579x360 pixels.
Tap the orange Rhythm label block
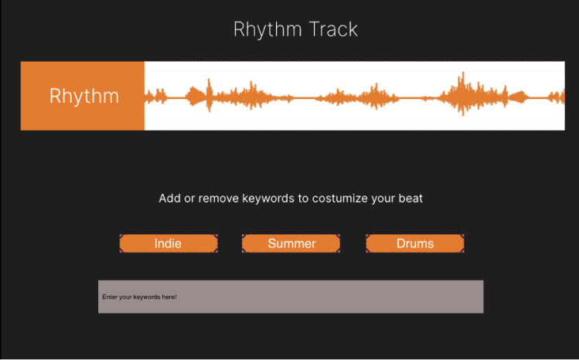[x=83, y=96]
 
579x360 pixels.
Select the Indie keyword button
[x=169, y=243]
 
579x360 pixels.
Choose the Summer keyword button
[x=291, y=243]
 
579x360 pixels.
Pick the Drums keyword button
[x=415, y=243]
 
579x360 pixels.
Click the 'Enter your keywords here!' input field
[x=291, y=297]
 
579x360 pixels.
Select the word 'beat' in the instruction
[x=410, y=199]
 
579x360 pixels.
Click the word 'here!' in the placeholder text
[x=169, y=297]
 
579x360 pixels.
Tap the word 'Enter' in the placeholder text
[x=110, y=297]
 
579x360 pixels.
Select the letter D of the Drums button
[x=401, y=243]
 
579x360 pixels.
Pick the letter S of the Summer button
[x=272, y=243]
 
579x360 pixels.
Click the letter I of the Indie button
[x=156, y=243]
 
